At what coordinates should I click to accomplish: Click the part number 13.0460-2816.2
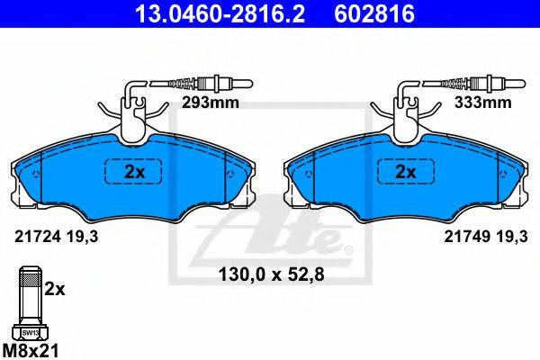pyautogui.click(x=220, y=13)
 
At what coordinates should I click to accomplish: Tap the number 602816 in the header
pyautogui.click(x=374, y=13)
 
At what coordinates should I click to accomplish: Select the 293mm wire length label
pyautogui.click(x=211, y=103)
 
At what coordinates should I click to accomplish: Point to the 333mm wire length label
pyautogui.click(x=482, y=103)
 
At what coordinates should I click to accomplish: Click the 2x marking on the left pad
pyautogui.click(x=135, y=172)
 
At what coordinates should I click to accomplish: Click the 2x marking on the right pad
pyautogui.click(x=406, y=172)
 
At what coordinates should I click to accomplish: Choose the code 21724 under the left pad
pyautogui.click(x=38, y=237)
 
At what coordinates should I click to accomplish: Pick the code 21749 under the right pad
pyautogui.click(x=467, y=237)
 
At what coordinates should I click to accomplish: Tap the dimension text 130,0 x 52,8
pyautogui.click(x=272, y=274)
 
